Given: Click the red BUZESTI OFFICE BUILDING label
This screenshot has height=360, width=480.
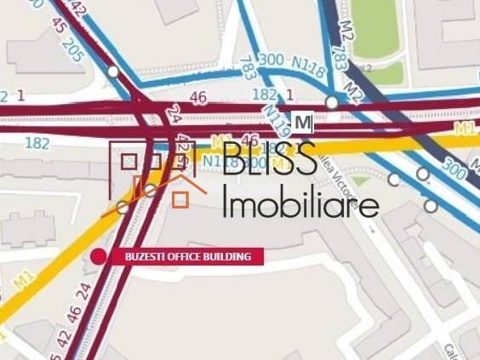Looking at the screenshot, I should click(x=188, y=256).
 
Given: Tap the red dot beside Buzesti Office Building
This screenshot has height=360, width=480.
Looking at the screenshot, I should click(x=99, y=256).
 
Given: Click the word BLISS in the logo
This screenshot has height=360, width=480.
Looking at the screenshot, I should click(x=270, y=161).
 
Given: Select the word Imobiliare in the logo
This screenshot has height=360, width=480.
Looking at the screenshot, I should click(x=300, y=204).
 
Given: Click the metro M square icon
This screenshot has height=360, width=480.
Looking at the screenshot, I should click(x=303, y=123).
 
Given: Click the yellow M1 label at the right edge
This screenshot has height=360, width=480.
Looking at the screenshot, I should click(x=465, y=129).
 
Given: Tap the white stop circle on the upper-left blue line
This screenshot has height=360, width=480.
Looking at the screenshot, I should click(x=113, y=71).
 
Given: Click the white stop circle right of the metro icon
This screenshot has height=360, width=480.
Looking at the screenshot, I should click(x=332, y=102).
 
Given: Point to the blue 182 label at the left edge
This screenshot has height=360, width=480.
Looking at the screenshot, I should click(x=37, y=143).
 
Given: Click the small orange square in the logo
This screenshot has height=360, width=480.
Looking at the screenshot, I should click(x=180, y=200).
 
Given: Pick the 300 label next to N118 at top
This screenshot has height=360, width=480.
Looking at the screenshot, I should click(x=271, y=59).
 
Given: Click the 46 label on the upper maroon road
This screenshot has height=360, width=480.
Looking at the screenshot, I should click(x=198, y=99).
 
